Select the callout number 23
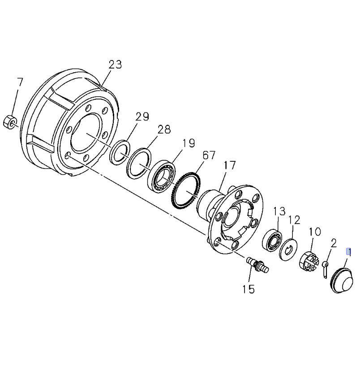[x=115, y=65]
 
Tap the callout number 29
[x=142, y=117]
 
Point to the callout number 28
[x=164, y=129]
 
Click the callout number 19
[x=189, y=143]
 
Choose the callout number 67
[x=209, y=155]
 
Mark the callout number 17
[x=229, y=165]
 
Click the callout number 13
[x=279, y=211]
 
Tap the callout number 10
[x=315, y=232]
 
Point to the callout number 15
[x=248, y=289]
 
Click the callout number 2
[x=334, y=243]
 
